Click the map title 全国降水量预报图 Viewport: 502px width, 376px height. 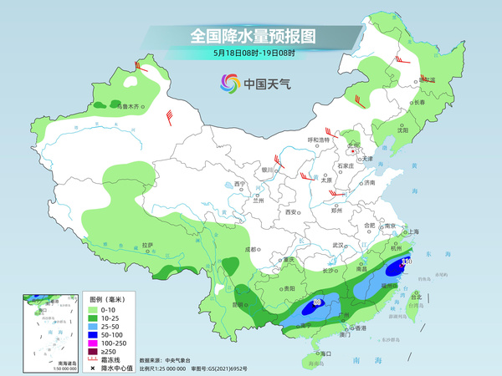(x=250, y=36)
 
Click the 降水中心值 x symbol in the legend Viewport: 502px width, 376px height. (x=94, y=368)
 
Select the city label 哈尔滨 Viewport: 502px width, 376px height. (x=426, y=79)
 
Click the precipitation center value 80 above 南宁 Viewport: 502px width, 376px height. (x=318, y=302)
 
